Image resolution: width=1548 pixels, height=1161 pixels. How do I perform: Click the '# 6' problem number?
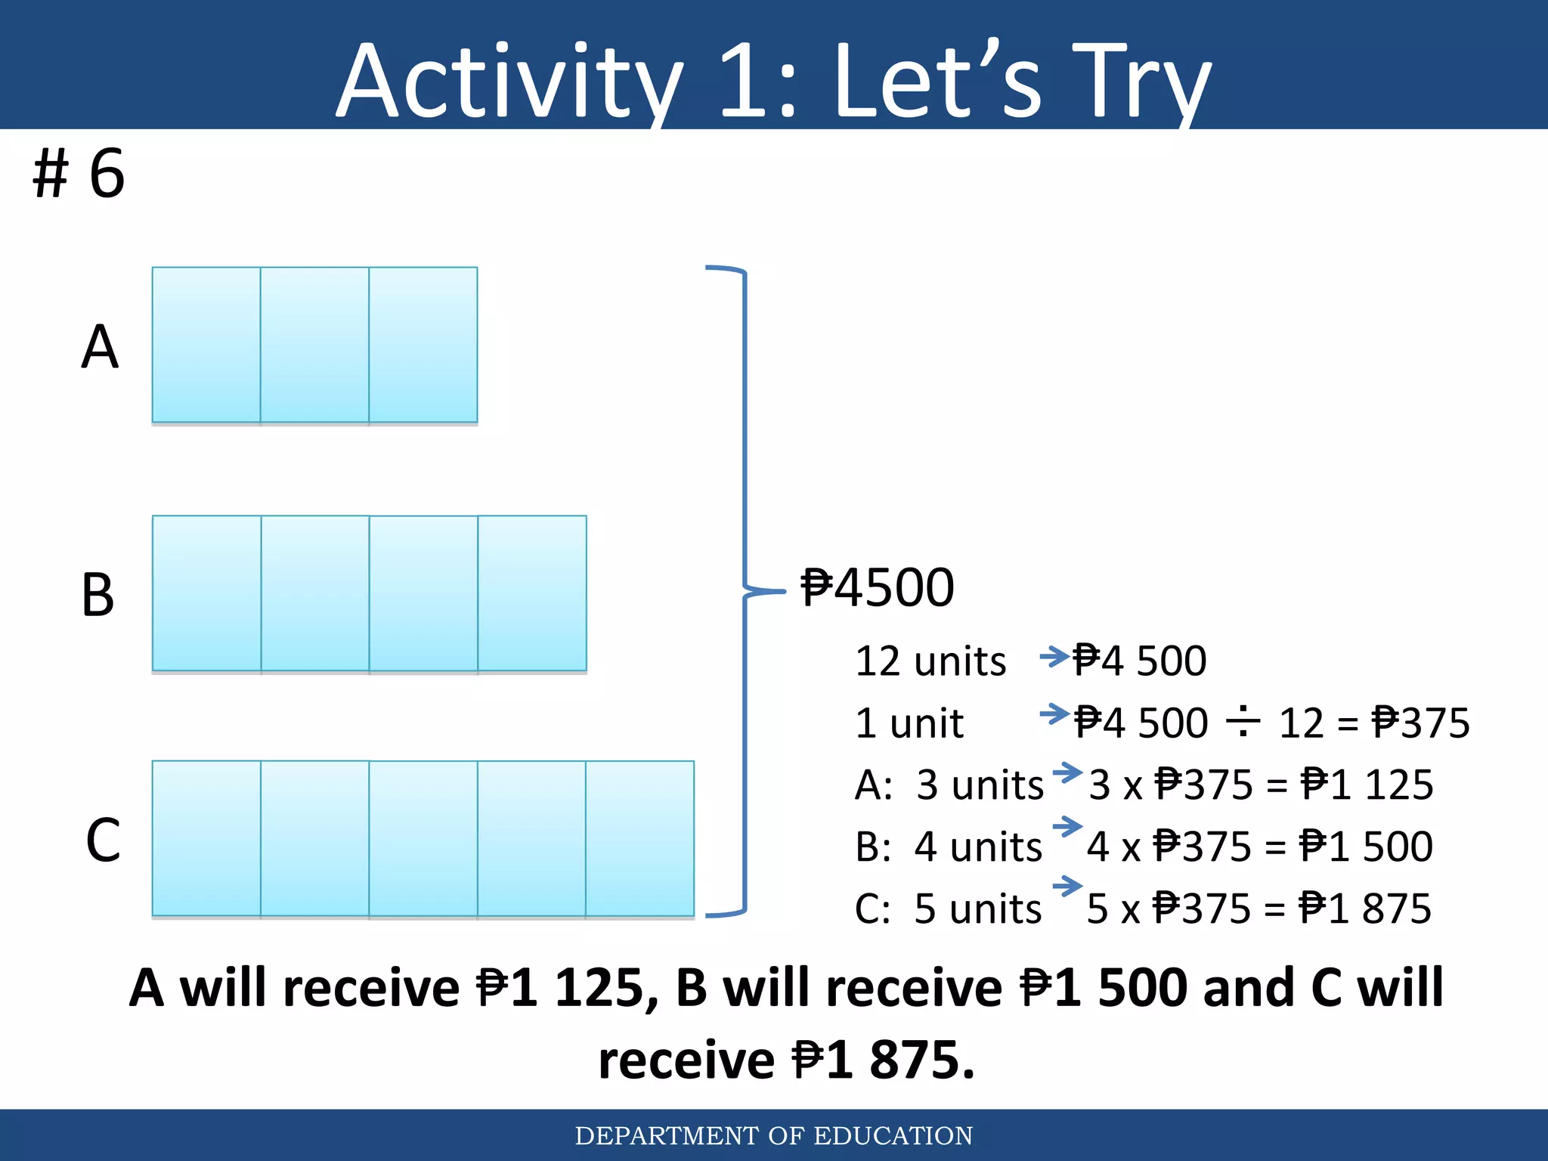click(79, 174)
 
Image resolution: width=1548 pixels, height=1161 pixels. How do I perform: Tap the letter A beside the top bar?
click(100, 347)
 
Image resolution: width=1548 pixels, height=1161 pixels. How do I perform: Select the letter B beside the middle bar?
click(98, 595)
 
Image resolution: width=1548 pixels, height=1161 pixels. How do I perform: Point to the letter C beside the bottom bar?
click(103, 841)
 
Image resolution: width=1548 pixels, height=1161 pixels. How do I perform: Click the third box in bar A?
click(423, 345)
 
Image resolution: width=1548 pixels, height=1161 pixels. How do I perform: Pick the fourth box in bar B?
click(532, 593)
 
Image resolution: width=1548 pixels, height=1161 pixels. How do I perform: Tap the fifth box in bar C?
click(640, 839)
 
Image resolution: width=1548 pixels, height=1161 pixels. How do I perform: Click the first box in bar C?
click(206, 839)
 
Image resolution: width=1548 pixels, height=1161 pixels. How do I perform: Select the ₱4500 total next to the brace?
click(878, 588)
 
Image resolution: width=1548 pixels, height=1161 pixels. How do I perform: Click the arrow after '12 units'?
click(1054, 656)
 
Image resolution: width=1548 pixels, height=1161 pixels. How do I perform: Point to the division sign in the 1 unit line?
click(1243, 722)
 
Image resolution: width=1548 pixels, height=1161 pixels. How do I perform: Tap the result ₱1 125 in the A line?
click(1367, 785)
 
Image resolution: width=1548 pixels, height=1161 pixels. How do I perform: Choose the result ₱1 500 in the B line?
click(1366, 847)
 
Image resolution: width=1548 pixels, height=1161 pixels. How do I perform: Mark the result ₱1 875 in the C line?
click(1365, 909)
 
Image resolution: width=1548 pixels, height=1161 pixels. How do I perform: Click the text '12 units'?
click(930, 661)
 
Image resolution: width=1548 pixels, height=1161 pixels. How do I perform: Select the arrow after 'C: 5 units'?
click(1067, 886)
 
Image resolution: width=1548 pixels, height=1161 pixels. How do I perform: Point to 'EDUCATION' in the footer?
click(893, 1136)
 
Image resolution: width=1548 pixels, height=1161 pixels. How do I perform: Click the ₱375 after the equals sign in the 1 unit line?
click(1421, 723)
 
